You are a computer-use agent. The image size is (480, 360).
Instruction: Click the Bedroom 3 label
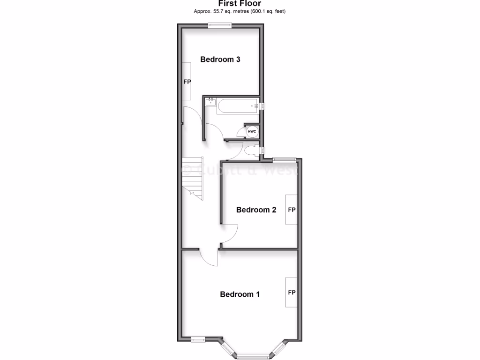[220, 60]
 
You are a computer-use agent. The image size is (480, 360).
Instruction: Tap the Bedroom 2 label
[256, 210]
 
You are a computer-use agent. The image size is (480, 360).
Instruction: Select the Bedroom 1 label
[240, 294]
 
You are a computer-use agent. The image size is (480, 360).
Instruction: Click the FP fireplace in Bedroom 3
[187, 82]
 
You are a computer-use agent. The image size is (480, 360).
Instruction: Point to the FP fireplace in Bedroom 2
[292, 210]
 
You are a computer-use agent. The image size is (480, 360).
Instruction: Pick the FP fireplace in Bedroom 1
[292, 292]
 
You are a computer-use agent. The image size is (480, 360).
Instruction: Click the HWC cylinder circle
[252, 132]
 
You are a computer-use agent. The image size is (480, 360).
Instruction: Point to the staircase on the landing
[193, 178]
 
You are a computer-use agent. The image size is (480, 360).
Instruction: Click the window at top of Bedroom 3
[220, 25]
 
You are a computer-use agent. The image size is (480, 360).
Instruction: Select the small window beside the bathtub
[263, 106]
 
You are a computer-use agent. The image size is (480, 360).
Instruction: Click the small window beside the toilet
[263, 150]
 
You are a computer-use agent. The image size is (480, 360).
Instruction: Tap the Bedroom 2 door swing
[230, 233]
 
